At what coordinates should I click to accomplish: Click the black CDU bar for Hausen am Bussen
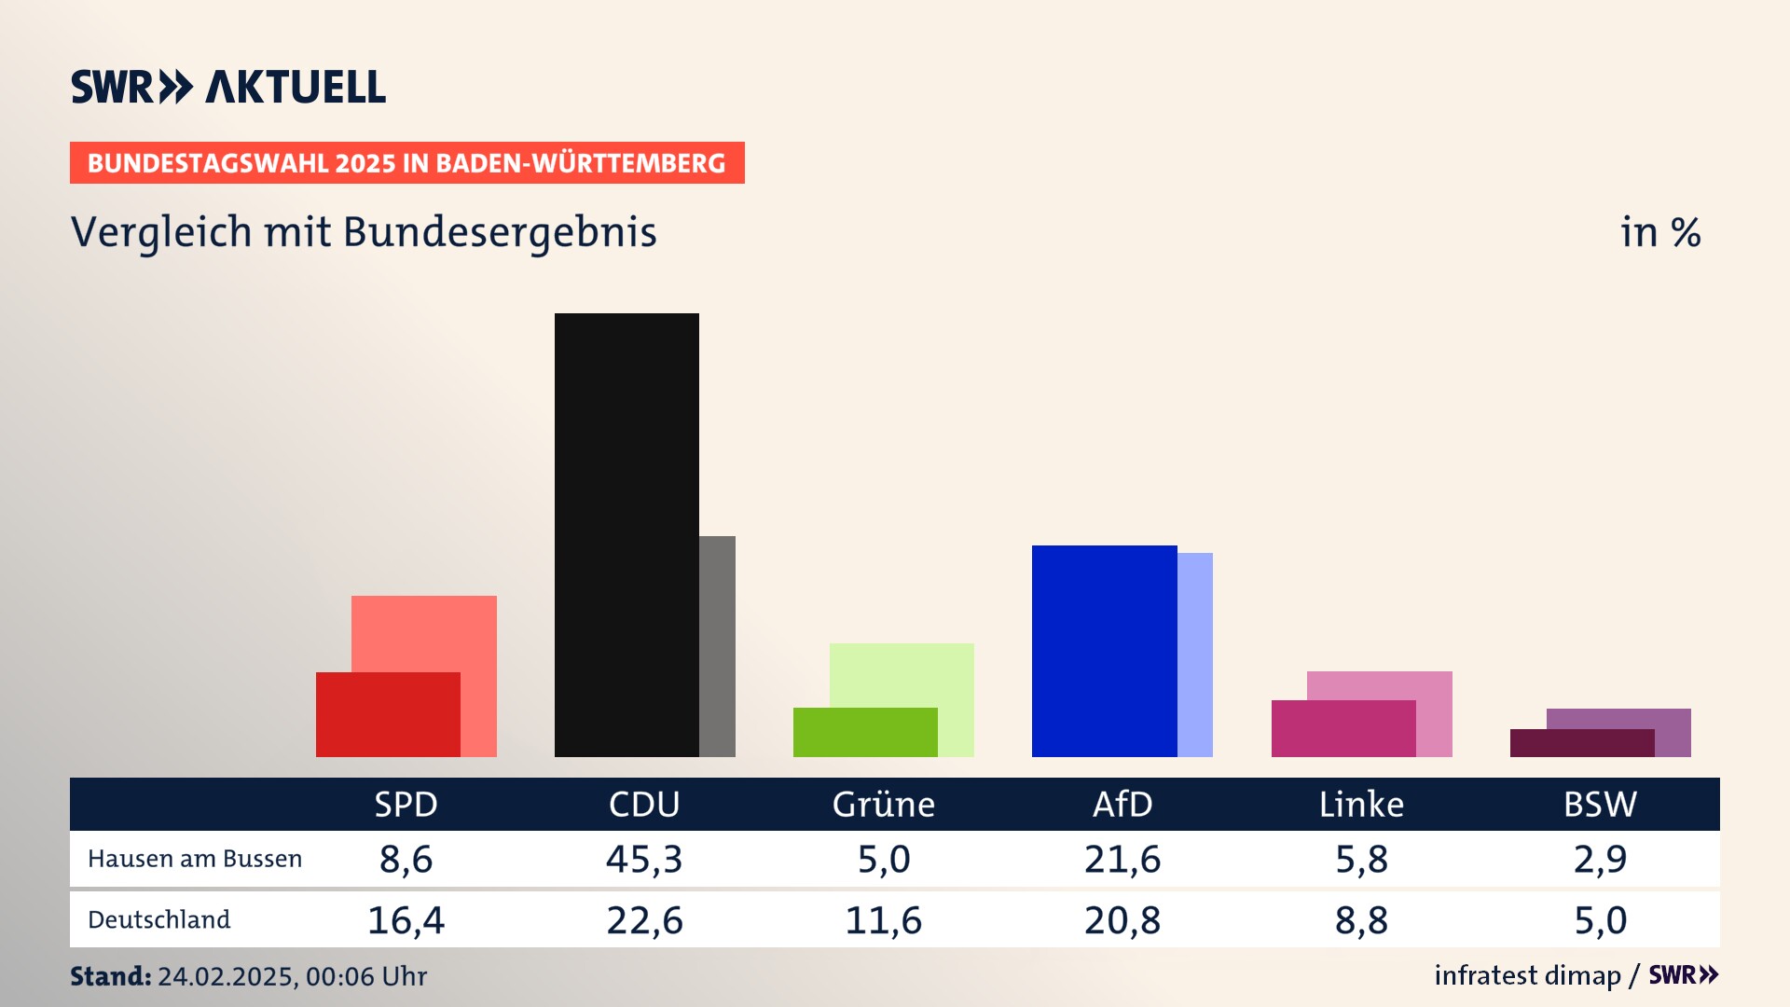[x=626, y=534]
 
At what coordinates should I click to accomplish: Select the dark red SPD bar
[x=388, y=714]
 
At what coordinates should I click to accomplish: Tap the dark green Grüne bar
[x=865, y=732]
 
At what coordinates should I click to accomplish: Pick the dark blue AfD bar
[x=1104, y=651]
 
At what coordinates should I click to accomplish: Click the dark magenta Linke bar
[x=1343, y=728]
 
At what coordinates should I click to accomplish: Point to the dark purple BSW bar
[x=1582, y=743]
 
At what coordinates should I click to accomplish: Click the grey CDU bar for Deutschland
[x=717, y=646]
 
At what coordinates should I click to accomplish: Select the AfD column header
[x=1122, y=804]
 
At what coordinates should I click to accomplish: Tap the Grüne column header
[x=883, y=804]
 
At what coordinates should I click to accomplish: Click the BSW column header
[x=1600, y=804]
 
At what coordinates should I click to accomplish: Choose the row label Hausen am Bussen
[x=195, y=859]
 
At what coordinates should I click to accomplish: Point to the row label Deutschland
[x=159, y=919]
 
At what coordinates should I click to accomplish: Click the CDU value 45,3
[x=644, y=859]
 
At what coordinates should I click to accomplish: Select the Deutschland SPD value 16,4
[x=406, y=920]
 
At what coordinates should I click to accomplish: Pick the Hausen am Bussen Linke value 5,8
[x=1361, y=859]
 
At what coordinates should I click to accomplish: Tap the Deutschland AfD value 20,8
[x=1122, y=920]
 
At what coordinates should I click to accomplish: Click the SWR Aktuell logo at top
[x=228, y=87]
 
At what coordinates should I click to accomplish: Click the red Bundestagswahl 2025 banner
[x=406, y=163]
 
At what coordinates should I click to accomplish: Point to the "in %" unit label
[x=1660, y=232]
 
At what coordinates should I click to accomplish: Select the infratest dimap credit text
[x=1527, y=975]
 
